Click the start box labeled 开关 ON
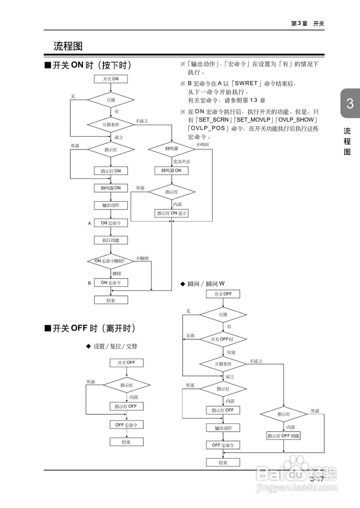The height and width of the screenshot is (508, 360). coord(111,79)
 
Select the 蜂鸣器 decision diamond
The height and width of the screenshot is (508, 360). coord(171,149)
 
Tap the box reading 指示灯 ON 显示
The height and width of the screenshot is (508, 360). coord(171,213)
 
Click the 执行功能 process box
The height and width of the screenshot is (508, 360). coord(111,240)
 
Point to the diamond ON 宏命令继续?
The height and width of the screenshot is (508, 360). coord(111,261)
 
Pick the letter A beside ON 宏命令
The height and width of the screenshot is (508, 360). coord(90,223)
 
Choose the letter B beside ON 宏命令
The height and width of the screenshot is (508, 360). coord(90,283)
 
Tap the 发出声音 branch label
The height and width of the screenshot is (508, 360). coord(181,162)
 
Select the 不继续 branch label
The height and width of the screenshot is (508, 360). coord(142,258)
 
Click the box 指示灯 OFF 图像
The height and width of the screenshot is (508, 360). coord(284,435)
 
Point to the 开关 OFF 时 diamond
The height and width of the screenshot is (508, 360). coord(223,339)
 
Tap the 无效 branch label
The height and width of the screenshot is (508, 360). coord(191,336)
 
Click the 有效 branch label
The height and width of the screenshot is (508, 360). coord(231,352)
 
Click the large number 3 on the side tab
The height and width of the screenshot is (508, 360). coord(350,104)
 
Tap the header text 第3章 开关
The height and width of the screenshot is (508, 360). coord(308,24)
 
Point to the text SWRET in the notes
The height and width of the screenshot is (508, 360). coord(246,83)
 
